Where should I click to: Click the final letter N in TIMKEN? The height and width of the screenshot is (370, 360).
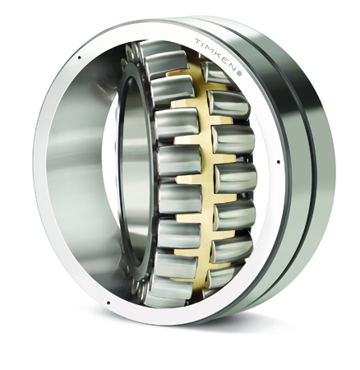(x=232, y=67)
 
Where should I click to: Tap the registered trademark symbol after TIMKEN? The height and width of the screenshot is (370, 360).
(x=239, y=73)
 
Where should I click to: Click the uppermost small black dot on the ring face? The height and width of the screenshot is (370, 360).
(x=80, y=58)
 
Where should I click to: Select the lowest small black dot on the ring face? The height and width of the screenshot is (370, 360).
(x=108, y=303)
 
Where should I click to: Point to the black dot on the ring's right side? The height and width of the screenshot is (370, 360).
(x=279, y=162)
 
